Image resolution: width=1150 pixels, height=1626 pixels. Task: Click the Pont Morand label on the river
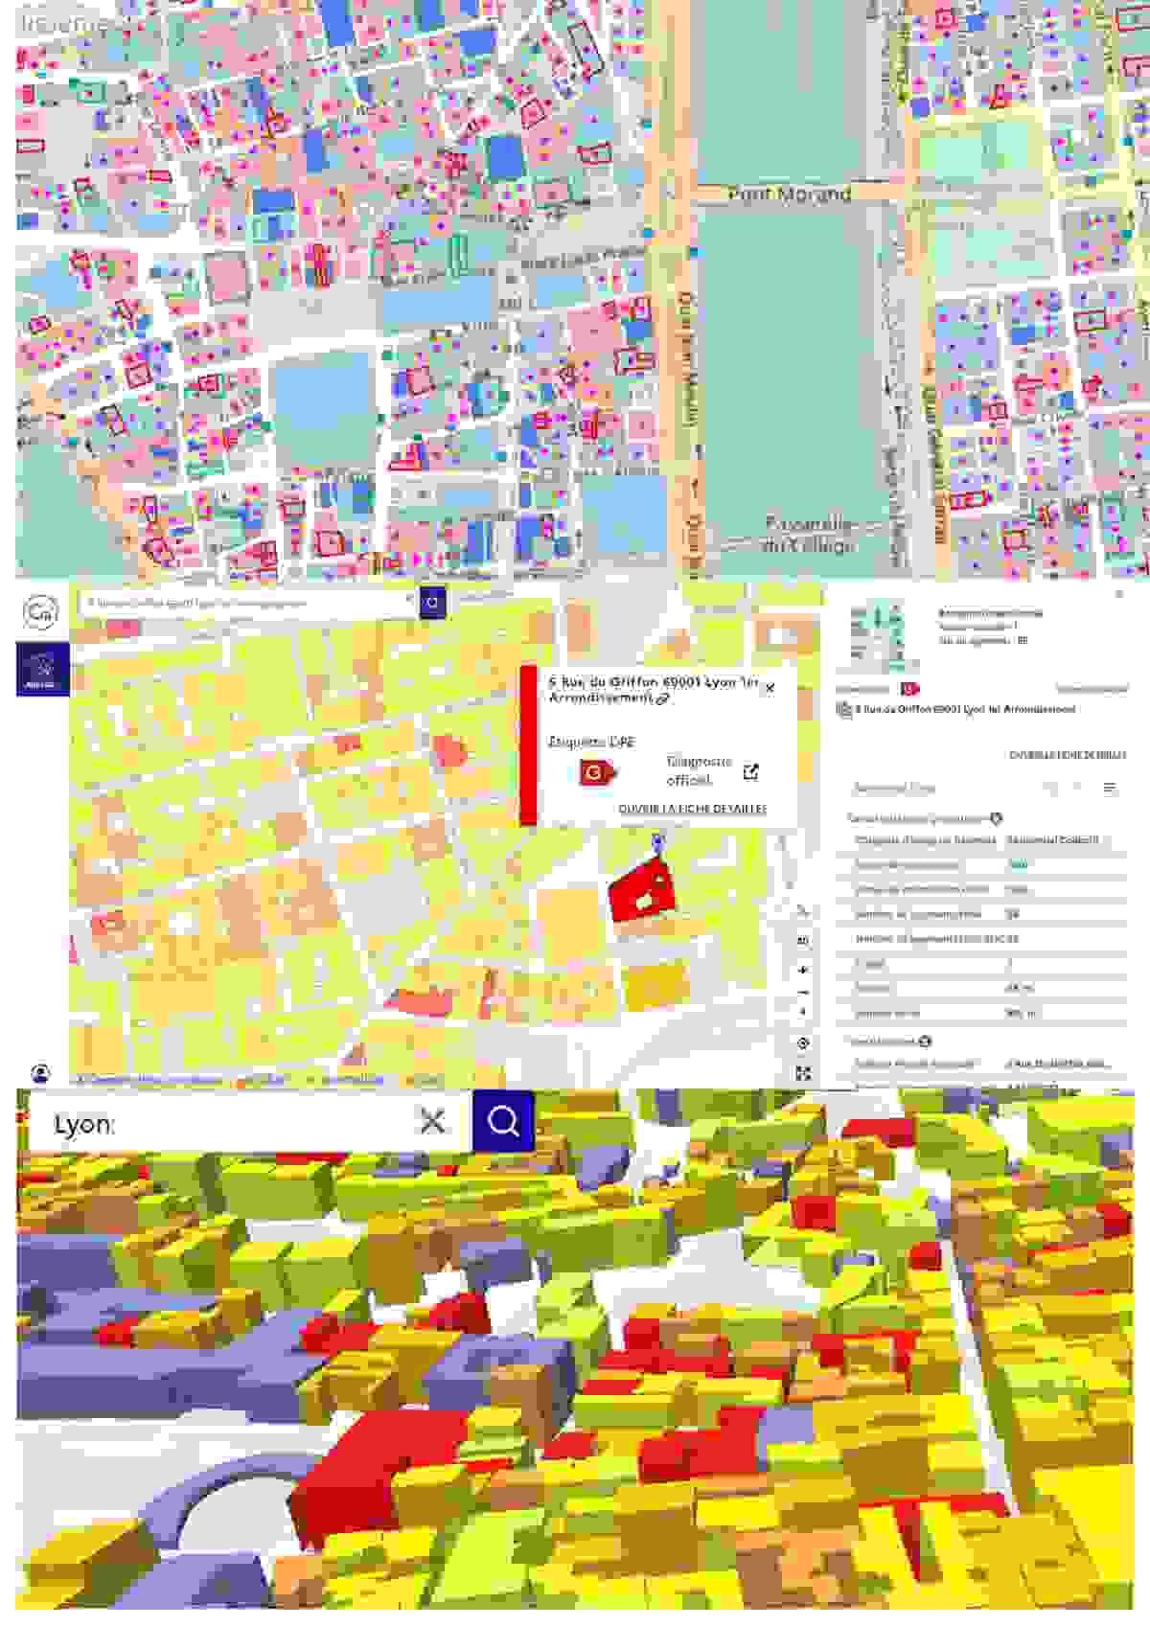(789, 194)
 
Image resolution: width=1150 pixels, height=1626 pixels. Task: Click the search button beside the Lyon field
(502, 1120)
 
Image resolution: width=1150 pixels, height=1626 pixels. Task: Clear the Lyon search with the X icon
(432, 1121)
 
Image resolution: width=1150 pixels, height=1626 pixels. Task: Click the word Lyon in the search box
(83, 1124)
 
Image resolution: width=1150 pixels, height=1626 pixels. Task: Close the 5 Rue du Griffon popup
(770, 687)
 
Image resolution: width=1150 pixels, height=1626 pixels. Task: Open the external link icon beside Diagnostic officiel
(751, 771)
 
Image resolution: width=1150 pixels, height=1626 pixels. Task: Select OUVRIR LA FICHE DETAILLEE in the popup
(692, 809)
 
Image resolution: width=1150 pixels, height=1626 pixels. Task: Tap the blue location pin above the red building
(656, 841)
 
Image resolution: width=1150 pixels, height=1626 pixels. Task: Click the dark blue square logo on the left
(42, 669)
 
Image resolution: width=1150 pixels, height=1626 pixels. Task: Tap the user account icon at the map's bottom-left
(41, 1072)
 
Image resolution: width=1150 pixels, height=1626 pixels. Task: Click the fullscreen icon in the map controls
(803, 1073)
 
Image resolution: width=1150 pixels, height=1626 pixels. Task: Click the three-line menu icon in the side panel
(1110, 789)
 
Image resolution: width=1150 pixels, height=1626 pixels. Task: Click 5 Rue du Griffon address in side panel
(963, 710)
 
